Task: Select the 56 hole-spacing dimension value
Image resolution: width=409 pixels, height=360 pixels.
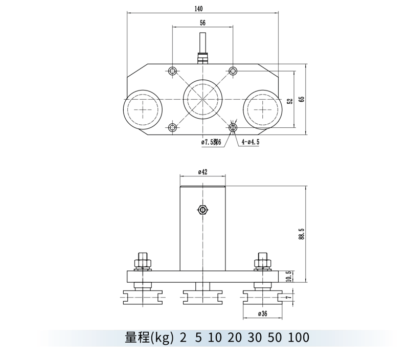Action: click(x=202, y=23)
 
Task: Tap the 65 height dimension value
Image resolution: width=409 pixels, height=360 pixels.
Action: click(x=302, y=100)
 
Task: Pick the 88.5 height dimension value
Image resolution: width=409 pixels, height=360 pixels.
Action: click(x=302, y=234)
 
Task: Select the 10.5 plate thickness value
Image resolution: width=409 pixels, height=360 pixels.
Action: click(x=289, y=277)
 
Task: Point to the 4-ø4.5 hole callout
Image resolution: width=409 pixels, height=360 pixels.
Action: click(x=251, y=142)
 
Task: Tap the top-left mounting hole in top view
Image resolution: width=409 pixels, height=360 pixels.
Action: click(x=173, y=70)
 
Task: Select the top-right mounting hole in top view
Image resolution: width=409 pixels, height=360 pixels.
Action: click(x=233, y=70)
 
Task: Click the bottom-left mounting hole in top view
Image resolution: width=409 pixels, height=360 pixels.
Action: click(x=173, y=127)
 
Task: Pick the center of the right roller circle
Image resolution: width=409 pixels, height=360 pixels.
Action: click(x=262, y=109)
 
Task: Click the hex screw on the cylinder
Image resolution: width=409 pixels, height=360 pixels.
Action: click(x=202, y=209)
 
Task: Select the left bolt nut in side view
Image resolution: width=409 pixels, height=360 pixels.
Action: click(x=143, y=264)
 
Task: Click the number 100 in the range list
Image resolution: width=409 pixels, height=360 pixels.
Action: click(x=299, y=337)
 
